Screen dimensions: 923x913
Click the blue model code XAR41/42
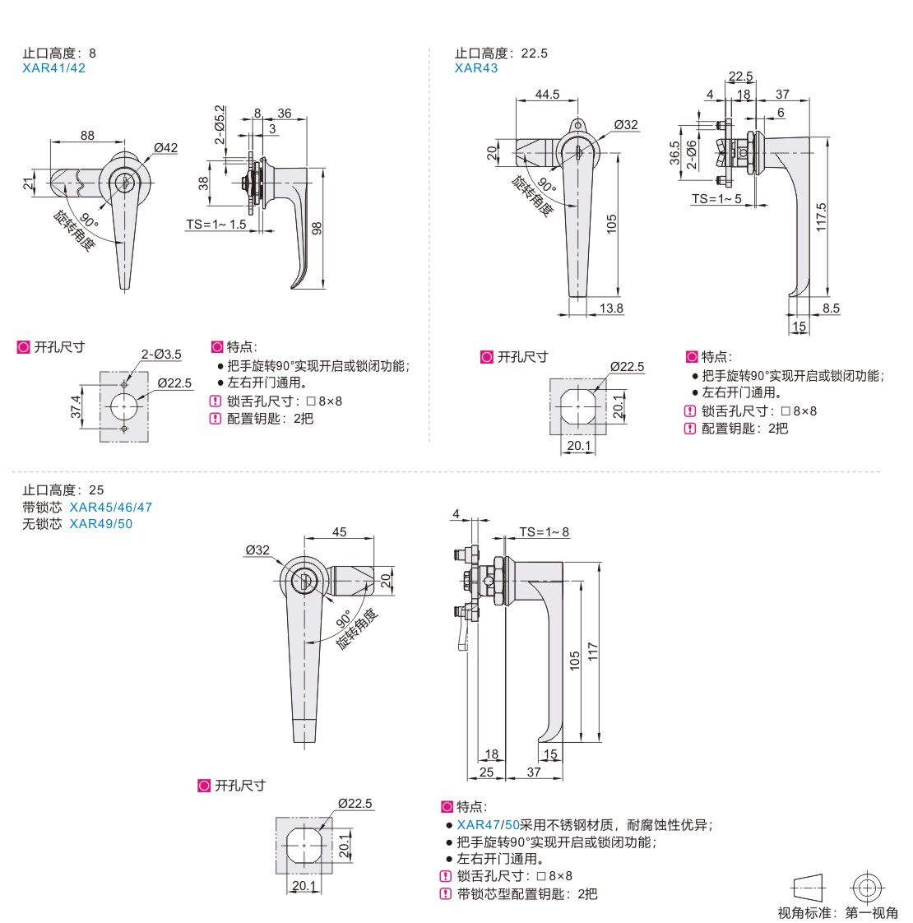coord(53,68)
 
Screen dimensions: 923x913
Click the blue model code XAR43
coord(476,68)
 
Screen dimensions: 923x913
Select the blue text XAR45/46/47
coord(111,507)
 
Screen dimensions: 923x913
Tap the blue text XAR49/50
coord(100,524)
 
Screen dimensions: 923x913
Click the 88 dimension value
coord(87,136)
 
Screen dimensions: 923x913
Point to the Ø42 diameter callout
coord(165,148)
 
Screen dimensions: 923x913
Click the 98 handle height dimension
coord(317,228)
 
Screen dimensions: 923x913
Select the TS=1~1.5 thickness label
coord(216,225)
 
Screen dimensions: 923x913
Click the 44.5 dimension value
coord(547,95)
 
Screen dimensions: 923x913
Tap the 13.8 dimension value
coord(611,308)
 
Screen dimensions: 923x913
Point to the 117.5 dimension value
coord(822,217)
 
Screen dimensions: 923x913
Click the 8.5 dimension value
coord(831,308)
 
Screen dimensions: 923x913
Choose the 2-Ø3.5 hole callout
coord(161,355)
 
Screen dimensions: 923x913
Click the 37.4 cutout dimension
coord(76,406)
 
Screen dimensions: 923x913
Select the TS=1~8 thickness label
coord(544,532)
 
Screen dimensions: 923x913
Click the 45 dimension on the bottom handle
coord(340,532)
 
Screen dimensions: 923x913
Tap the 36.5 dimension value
coord(674,154)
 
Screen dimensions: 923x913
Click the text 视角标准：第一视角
coord(838,913)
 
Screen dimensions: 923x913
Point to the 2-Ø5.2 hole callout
coord(220,125)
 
